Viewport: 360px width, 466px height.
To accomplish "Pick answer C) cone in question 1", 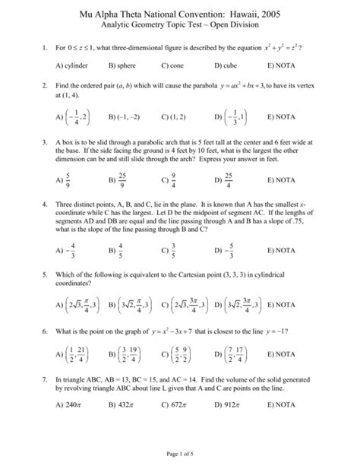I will point(172,66).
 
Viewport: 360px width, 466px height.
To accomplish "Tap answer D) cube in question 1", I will point(226,66).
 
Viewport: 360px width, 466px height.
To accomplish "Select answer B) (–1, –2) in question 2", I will point(125,118).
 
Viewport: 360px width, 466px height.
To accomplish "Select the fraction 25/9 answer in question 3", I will point(122,181).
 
